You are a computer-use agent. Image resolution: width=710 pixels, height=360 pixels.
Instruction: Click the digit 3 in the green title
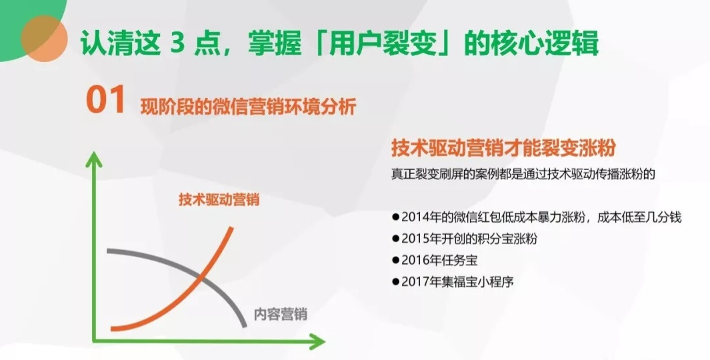click(x=177, y=44)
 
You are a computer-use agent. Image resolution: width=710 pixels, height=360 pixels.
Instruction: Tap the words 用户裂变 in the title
click(x=381, y=43)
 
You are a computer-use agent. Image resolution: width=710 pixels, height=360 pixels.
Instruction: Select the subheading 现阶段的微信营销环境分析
click(x=248, y=107)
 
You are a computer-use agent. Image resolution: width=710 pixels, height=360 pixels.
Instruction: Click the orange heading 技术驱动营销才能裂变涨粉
click(x=503, y=149)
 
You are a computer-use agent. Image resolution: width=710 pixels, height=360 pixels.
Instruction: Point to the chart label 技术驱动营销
click(x=219, y=199)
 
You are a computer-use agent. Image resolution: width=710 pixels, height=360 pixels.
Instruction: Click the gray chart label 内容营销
click(x=280, y=314)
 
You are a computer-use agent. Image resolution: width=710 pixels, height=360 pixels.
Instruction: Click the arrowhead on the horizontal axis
click(x=317, y=341)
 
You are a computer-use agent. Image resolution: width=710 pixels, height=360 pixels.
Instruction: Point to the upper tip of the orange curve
click(x=232, y=228)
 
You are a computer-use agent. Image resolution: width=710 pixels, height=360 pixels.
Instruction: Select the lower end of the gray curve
click(x=245, y=325)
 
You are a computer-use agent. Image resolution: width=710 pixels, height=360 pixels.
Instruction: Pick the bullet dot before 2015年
click(x=395, y=239)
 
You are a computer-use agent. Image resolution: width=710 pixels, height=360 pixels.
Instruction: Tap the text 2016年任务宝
click(x=439, y=261)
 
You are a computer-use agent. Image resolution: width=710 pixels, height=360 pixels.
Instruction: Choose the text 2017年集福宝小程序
click(x=457, y=281)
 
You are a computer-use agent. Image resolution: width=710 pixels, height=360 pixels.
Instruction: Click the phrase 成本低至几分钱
click(x=639, y=217)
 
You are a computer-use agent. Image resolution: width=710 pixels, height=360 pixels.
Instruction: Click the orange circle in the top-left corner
click(x=45, y=39)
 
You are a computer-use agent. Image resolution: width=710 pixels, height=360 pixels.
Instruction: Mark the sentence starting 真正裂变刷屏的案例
click(x=523, y=175)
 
